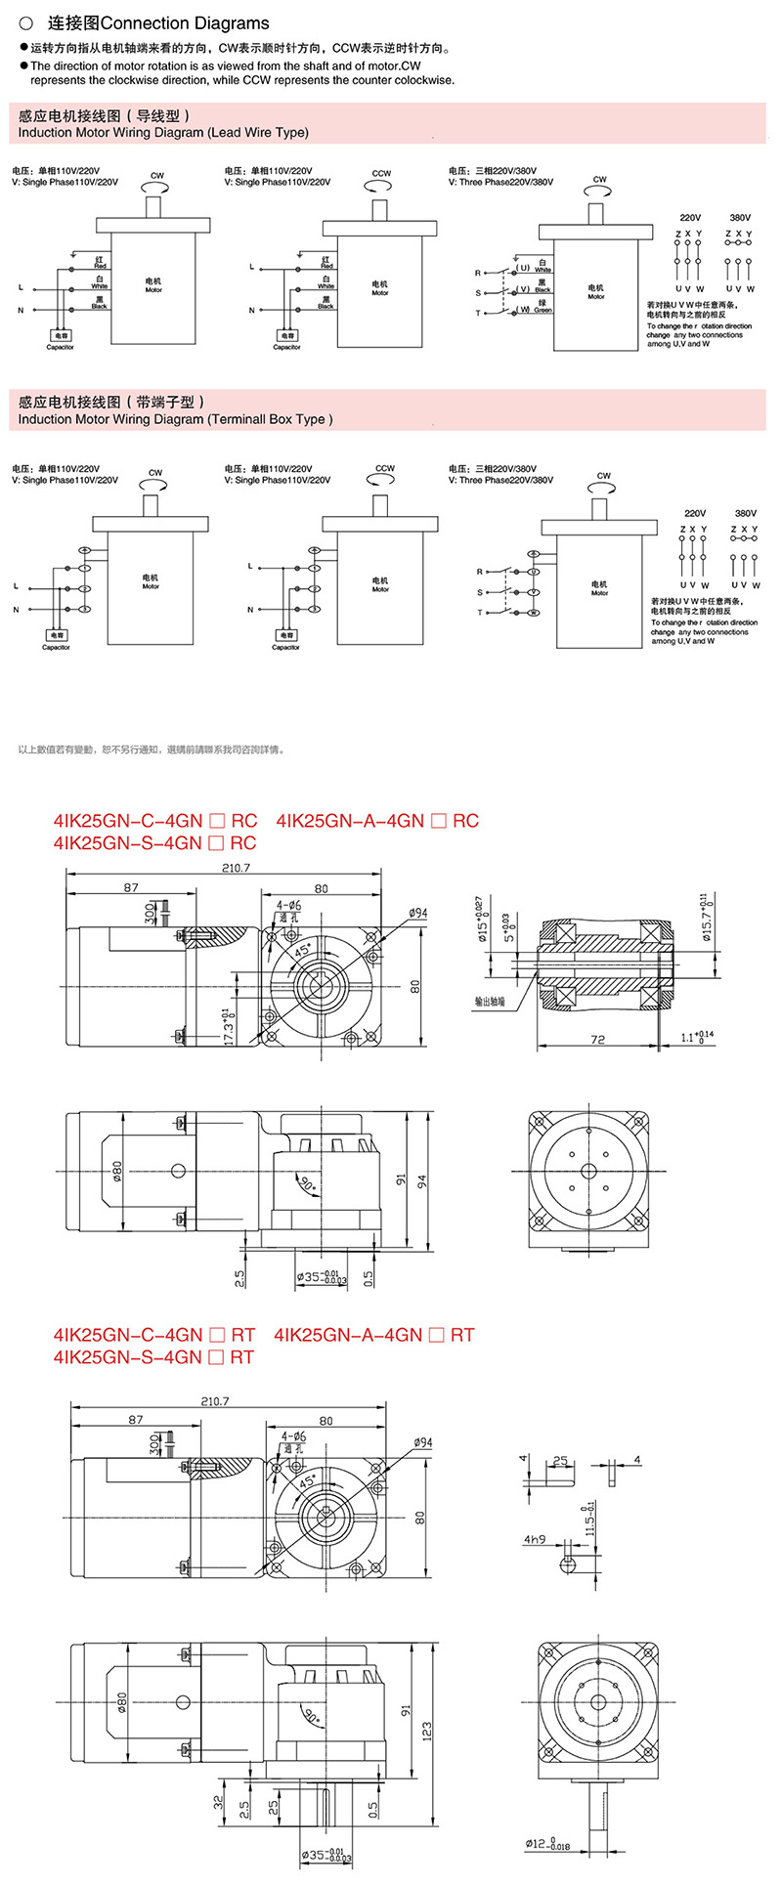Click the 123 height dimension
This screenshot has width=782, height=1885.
(427, 1731)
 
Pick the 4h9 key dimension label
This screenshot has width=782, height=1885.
(535, 1539)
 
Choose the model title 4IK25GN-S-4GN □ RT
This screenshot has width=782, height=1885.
(154, 1357)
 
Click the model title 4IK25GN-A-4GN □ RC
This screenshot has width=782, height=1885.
(378, 821)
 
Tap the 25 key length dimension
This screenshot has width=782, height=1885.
(560, 1462)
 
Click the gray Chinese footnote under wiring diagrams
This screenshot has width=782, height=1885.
(152, 750)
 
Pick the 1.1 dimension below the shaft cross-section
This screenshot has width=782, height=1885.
(697, 1038)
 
